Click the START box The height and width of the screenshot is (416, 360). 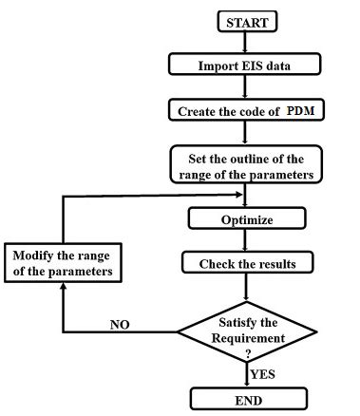(246, 20)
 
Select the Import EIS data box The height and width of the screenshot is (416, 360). (246, 65)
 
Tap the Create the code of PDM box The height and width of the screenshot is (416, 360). (246, 110)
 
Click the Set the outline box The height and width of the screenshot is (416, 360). (246, 163)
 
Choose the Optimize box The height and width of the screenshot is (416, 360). (246, 219)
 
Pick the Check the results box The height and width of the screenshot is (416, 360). (246, 263)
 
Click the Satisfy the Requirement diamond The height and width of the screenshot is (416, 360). (246, 332)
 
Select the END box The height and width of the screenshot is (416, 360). (246, 397)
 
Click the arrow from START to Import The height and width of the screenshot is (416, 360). (246, 42)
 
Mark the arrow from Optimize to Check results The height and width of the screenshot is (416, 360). (246, 241)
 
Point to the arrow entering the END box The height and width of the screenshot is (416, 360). (246, 378)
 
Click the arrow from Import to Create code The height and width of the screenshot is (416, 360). (246, 87)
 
